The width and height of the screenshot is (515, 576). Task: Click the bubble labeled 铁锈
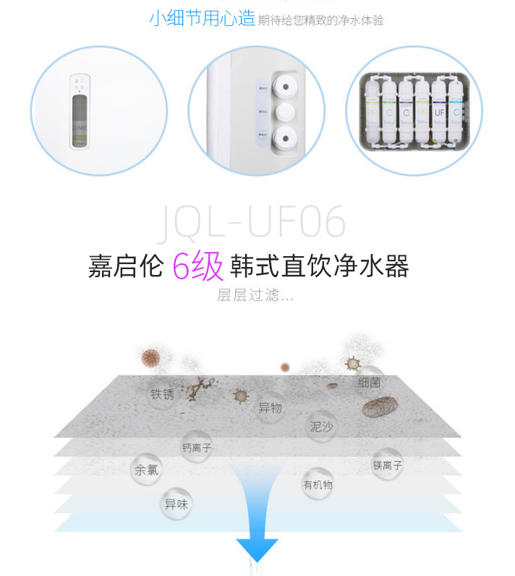coord(162,394)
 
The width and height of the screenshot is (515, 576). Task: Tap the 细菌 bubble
coord(369,383)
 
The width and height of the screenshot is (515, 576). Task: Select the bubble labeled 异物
coord(270,408)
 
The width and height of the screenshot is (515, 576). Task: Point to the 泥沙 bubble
coord(321,426)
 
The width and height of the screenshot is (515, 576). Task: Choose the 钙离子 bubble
coord(197,448)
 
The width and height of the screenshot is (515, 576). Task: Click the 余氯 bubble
coord(145,470)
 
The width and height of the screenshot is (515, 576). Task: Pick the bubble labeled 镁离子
coord(387,465)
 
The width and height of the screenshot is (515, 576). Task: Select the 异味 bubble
coord(176,504)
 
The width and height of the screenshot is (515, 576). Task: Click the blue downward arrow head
coord(257,549)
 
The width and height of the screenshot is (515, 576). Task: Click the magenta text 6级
coord(197,266)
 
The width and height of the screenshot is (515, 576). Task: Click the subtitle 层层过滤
coord(255,296)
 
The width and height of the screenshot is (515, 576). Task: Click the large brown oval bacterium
coord(380,406)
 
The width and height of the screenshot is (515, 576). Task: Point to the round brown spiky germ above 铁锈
coord(150,357)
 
